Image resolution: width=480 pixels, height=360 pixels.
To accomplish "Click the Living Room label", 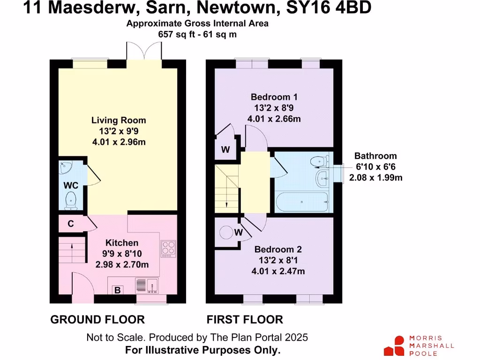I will pos(119,120).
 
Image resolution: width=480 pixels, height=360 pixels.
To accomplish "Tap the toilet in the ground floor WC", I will pos(71,200).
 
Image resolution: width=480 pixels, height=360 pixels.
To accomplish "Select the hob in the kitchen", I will pos(168,248).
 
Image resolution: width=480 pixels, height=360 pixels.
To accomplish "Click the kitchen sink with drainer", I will pos(147,285).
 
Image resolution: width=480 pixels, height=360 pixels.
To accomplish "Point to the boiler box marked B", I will pos(118,290).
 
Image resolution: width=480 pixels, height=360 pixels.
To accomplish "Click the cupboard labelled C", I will pos(70,224).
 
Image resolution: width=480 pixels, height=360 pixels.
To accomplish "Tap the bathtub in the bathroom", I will pos(302,201).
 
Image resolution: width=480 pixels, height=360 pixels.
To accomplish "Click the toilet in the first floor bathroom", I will pos(320,161).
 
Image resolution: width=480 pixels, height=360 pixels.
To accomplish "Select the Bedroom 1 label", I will pos(274,97).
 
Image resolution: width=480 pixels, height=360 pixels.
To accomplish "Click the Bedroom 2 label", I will pos(278,250).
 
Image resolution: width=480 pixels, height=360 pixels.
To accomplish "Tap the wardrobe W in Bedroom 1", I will pos(225,150).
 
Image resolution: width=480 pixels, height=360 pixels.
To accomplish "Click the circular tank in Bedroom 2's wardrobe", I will pos(226,232).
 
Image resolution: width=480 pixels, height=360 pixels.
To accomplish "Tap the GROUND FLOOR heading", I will pos(97,320).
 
